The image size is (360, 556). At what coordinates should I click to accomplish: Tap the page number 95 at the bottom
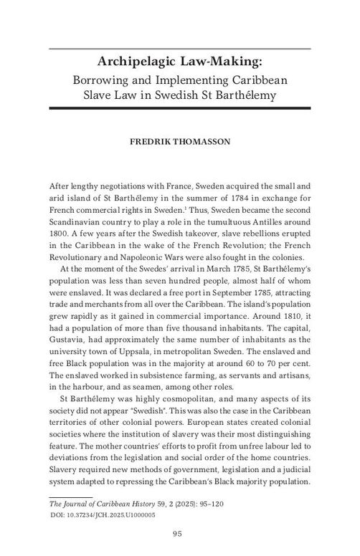coord(180,532)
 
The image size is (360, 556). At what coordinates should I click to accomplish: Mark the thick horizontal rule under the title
coord(180,108)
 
